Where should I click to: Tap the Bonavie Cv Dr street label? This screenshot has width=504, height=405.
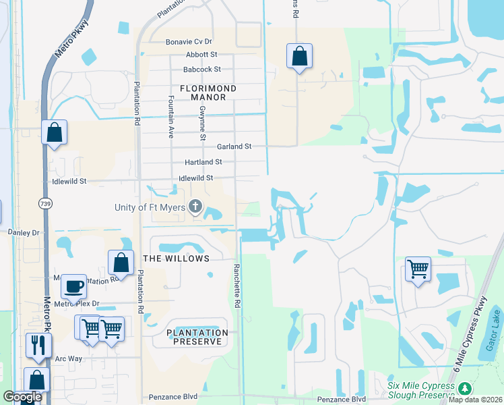189,42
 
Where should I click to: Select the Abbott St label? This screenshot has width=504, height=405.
201,55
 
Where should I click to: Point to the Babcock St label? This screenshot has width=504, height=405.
202,70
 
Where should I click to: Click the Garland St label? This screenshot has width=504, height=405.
234,146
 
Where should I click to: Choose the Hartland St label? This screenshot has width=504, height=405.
203,163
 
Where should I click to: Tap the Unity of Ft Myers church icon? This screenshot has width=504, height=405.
195,207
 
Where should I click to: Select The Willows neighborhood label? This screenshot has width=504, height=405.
177,259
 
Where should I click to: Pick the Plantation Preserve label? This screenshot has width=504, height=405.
197,337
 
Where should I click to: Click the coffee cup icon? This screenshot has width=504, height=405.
73,286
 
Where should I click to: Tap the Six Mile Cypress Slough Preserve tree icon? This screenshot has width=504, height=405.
464,389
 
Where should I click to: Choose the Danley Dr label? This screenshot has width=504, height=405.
24,232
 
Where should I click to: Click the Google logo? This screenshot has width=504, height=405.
22,397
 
